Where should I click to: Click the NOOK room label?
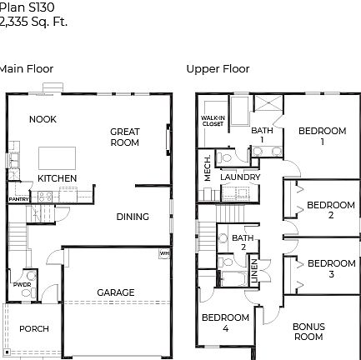[43, 119]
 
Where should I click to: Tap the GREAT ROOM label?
[125, 137]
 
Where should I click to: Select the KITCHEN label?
[57, 178]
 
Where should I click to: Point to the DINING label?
[133, 217]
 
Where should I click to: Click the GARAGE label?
[116, 292]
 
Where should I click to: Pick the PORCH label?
[34, 329]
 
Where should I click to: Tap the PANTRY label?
[18, 199]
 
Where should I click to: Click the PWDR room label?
[23, 284]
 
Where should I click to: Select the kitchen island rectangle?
[57, 157]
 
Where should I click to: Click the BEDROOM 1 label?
[322, 136]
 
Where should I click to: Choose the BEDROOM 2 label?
[330, 210]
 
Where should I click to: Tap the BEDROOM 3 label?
[331, 268]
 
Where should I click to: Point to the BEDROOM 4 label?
[225, 322]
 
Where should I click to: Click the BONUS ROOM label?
[308, 332]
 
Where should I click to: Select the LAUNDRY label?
[240, 177]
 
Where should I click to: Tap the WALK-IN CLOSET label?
[213, 121]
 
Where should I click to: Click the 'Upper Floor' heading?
[218, 69]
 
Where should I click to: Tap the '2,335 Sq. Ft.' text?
[33, 22]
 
